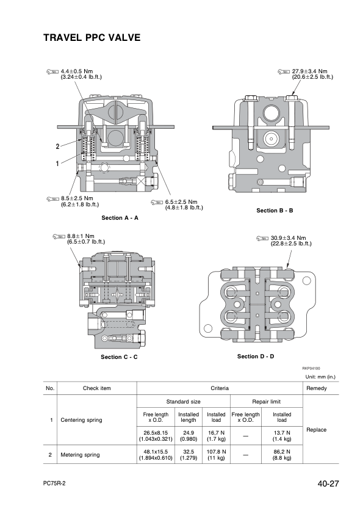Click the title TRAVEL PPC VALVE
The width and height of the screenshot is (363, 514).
click(x=92, y=38)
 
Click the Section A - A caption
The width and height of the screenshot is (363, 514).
click(x=120, y=218)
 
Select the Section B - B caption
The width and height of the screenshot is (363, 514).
click(x=275, y=211)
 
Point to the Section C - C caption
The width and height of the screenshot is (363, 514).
click(x=119, y=357)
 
